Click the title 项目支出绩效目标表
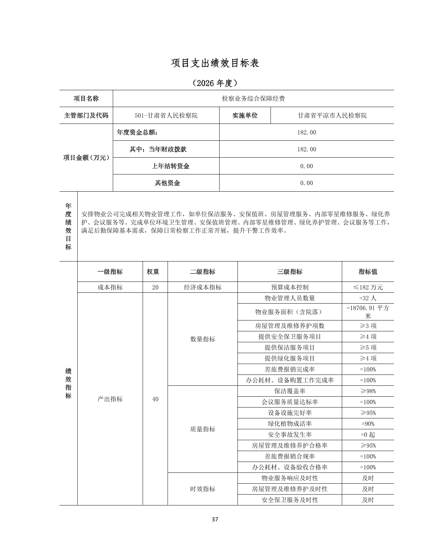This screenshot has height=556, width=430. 215,63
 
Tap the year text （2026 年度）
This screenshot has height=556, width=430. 215,83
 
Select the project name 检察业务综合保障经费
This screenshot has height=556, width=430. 253,99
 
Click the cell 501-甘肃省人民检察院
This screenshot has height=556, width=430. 166,115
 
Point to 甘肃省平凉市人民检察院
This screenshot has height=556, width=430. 332,115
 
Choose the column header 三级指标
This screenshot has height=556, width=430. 289,272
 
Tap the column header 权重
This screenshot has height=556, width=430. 155,272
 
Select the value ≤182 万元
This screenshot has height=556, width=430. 368,287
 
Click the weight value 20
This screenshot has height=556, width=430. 155,287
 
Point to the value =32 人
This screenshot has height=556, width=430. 368,298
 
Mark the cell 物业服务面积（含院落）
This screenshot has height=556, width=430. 289,312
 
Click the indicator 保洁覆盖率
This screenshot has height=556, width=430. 289,391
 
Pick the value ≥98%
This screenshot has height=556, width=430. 368,391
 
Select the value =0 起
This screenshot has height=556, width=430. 368,435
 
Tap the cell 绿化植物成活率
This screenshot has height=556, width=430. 289,424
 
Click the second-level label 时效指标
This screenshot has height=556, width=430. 202,489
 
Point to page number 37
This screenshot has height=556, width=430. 215,519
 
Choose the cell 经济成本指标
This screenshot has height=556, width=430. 202,287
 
